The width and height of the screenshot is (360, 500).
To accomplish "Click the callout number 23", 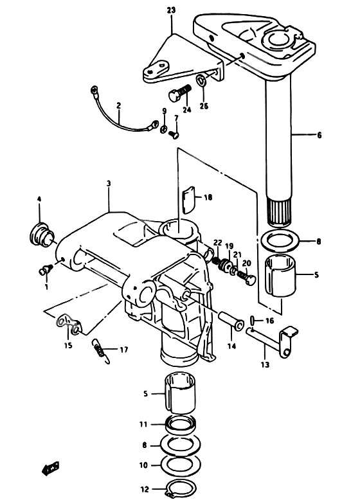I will click(171, 10).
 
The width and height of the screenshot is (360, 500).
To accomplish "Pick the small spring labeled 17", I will click(99, 351).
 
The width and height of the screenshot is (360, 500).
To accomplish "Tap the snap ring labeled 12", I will click(178, 490).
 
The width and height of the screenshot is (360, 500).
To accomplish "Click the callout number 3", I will click(109, 183).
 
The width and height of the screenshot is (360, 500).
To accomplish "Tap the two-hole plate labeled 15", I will click(67, 323).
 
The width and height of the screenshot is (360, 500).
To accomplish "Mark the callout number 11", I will click(143, 424).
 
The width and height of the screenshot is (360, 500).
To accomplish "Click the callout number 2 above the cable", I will click(118, 105).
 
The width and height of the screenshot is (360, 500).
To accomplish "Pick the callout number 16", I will click(270, 320).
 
